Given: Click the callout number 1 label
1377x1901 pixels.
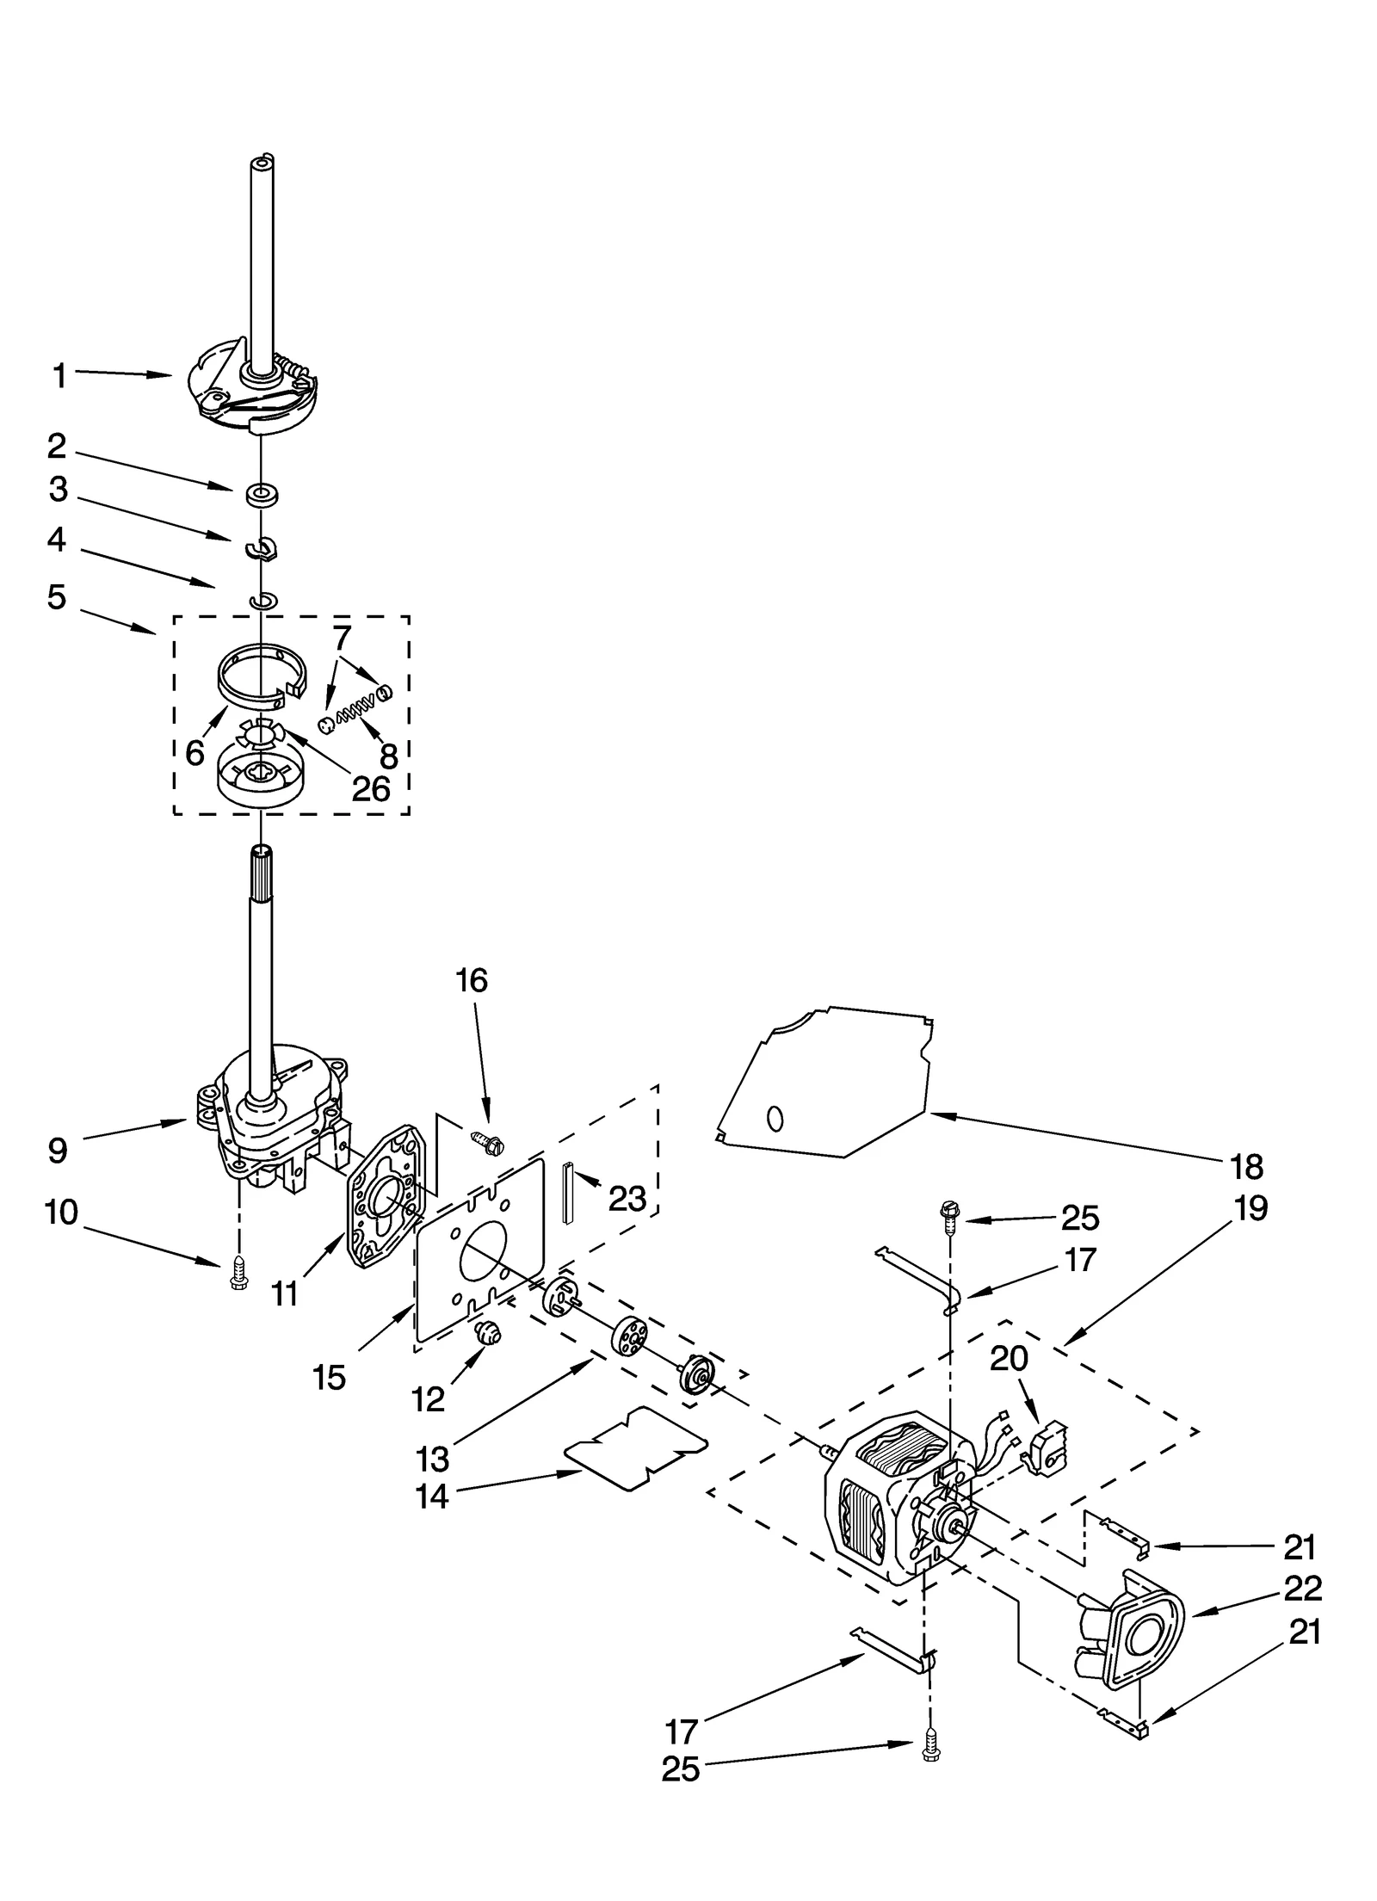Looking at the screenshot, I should pos(59,376).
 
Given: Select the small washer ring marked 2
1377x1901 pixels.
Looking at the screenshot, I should pos(256,495).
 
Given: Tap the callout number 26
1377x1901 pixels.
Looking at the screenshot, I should pos(372,788).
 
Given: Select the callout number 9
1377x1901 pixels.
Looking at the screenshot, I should pos(58,1151).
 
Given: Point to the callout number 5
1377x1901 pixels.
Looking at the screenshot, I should pos(57,596).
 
